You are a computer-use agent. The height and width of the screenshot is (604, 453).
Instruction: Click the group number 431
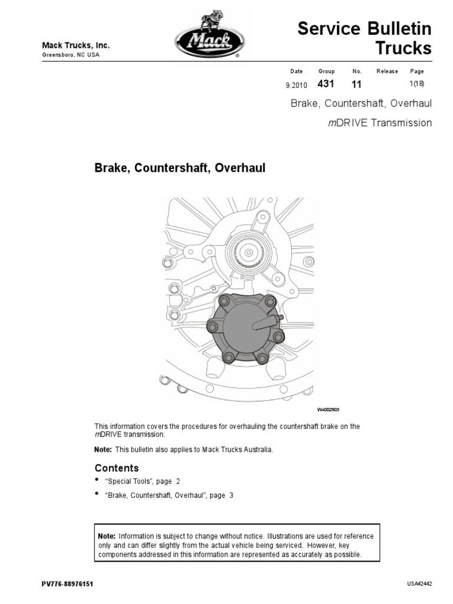pos(326,84)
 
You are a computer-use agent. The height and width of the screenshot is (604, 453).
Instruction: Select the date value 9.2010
pos(296,85)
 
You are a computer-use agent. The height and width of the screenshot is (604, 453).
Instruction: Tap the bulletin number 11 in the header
pos(356,84)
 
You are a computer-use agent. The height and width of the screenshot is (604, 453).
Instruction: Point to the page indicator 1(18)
pos(417,84)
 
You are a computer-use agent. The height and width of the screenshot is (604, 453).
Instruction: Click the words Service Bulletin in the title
pos(365,28)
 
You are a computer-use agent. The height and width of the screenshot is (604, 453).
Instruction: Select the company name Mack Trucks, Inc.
pos(75,46)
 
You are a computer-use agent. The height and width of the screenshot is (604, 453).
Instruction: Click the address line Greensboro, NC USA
pos(71,55)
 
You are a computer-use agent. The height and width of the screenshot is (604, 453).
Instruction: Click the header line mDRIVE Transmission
pos(380,123)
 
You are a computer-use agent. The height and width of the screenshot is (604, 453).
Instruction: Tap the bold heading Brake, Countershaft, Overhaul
pos(180,168)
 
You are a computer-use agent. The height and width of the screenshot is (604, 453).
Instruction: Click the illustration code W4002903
pos(328,409)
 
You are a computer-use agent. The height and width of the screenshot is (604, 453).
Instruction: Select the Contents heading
pos(117,468)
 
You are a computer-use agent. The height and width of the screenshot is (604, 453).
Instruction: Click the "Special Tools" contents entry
pos(138,481)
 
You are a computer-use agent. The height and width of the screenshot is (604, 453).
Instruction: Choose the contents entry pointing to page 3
pos(169,495)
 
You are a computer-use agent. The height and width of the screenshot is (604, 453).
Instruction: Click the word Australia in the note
pos(256,449)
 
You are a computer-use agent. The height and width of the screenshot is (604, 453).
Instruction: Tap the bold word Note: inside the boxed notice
pos(107,536)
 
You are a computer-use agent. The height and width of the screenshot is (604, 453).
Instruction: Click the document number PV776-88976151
pos(67,584)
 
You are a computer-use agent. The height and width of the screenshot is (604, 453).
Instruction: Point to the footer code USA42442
pos(419,584)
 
